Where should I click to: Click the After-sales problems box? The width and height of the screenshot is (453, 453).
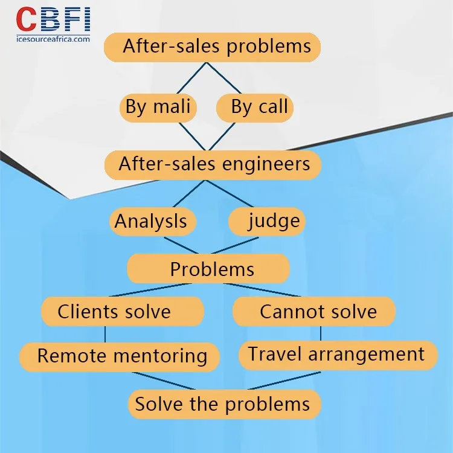click(x=213, y=47)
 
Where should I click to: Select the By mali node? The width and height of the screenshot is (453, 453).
click(x=158, y=108)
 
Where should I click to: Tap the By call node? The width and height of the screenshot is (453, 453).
click(x=255, y=108)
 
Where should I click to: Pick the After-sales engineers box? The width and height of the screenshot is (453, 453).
click(x=213, y=165)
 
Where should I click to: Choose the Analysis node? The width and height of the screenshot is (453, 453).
click(x=153, y=222)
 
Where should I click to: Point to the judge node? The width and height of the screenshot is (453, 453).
click(x=266, y=222)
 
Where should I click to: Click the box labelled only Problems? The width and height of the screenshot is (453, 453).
click(x=208, y=269)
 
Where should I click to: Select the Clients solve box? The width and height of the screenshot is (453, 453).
click(x=123, y=312)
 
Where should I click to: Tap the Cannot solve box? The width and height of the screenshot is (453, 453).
click(x=314, y=312)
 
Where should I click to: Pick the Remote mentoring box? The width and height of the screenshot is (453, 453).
click(x=120, y=357)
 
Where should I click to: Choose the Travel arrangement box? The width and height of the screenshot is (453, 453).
click(x=338, y=355)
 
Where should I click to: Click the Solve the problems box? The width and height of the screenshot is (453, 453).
click(x=225, y=404)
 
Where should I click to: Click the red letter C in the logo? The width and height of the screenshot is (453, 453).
click(x=27, y=19)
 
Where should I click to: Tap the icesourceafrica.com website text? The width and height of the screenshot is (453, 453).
click(x=53, y=39)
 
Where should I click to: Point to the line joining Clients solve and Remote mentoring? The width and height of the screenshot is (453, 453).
click(x=105, y=334)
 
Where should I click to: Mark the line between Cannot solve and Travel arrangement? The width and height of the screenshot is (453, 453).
click(x=321, y=333)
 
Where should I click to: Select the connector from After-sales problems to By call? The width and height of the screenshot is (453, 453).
click(x=223, y=78)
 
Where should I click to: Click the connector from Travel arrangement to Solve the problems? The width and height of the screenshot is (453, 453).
click(x=284, y=381)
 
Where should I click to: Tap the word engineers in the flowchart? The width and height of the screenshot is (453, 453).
click(x=266, y=164)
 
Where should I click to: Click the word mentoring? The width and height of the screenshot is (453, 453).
click(x=160, y=356)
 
